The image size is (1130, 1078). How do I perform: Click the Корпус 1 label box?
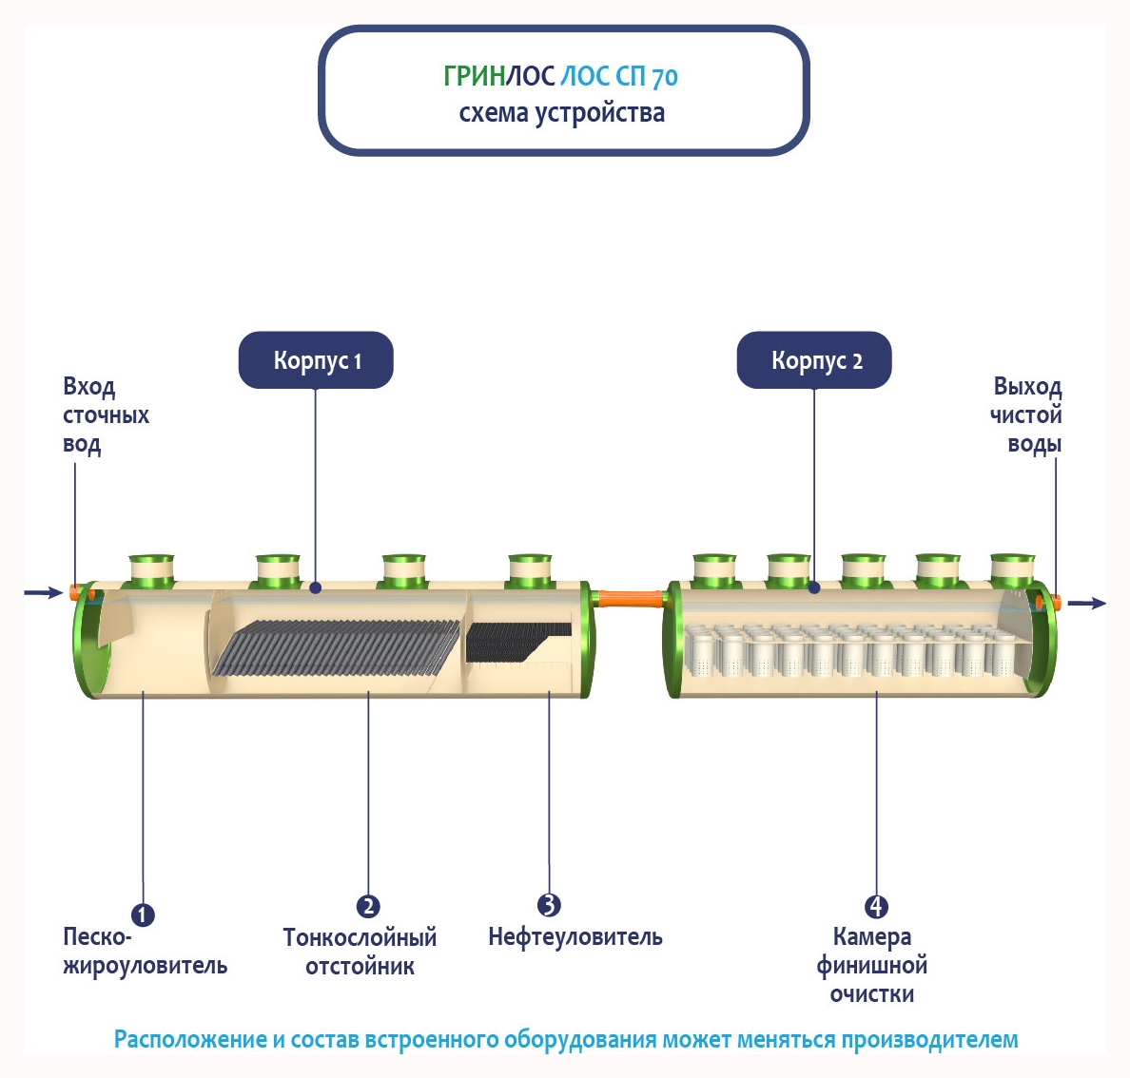coord(315,360)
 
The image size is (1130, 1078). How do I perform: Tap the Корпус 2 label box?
coord(814,360)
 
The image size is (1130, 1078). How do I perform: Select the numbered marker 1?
coord(143,914)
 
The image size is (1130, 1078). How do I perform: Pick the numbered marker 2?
coord(368,906)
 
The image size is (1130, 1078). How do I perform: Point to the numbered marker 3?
coord(549,905)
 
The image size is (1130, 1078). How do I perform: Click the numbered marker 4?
coord(876,906)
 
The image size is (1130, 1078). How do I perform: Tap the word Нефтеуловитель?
coord(575,937)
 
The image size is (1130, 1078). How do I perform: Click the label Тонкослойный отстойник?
coord(360,952)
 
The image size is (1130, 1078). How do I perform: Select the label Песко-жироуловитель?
coord(145,952)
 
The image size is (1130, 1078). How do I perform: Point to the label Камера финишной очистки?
coord(872,965)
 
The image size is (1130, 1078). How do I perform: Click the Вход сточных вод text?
coord(105,414)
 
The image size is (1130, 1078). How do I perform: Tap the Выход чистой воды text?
coord(1026,414)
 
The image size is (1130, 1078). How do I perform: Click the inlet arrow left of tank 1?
coord(43,593)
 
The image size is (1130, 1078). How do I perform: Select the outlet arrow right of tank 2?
coord(1086,604)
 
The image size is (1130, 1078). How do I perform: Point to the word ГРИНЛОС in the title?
coord(498,76)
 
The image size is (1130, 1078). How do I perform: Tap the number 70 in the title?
coord(665,77)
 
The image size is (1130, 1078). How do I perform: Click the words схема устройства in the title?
coord(561,113)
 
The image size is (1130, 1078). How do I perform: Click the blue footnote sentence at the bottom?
coord(565,1039)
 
